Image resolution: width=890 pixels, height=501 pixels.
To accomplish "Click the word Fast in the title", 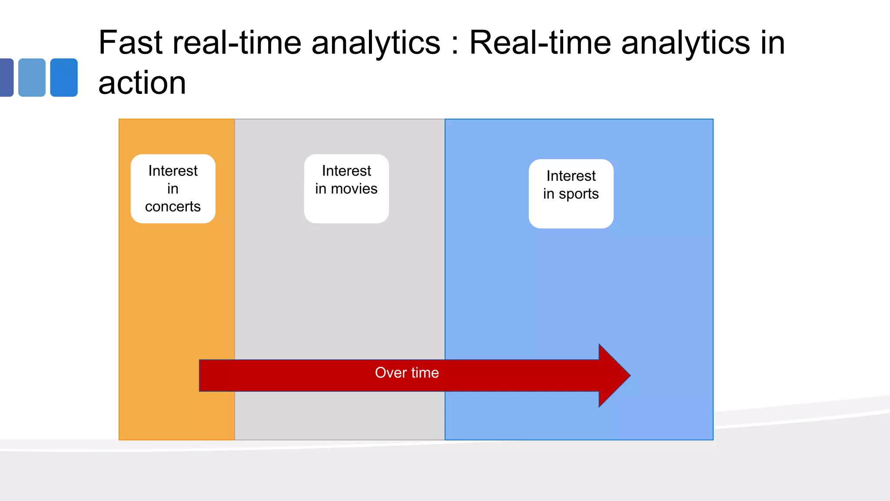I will [130, 43].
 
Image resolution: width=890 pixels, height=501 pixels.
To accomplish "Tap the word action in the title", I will [142, 83].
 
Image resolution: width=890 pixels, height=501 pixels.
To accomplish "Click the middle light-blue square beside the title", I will [32, 77].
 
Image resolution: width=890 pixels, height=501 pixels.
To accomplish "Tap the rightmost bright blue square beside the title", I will [64, 77].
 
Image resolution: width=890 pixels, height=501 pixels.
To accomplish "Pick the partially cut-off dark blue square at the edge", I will [6, 77].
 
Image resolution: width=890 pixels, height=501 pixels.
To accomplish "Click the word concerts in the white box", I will [173, 207].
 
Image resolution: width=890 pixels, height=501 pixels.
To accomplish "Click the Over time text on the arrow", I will [407, 373].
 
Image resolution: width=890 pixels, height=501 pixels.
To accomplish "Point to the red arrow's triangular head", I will [613, 375].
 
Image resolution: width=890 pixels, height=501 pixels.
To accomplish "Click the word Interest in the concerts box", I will [173, 171].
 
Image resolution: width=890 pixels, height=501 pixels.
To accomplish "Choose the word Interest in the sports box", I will [571, 176].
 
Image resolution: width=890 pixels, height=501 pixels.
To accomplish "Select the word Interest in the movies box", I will [346, 171].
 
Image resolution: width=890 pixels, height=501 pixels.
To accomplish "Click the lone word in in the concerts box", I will [173, 189].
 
